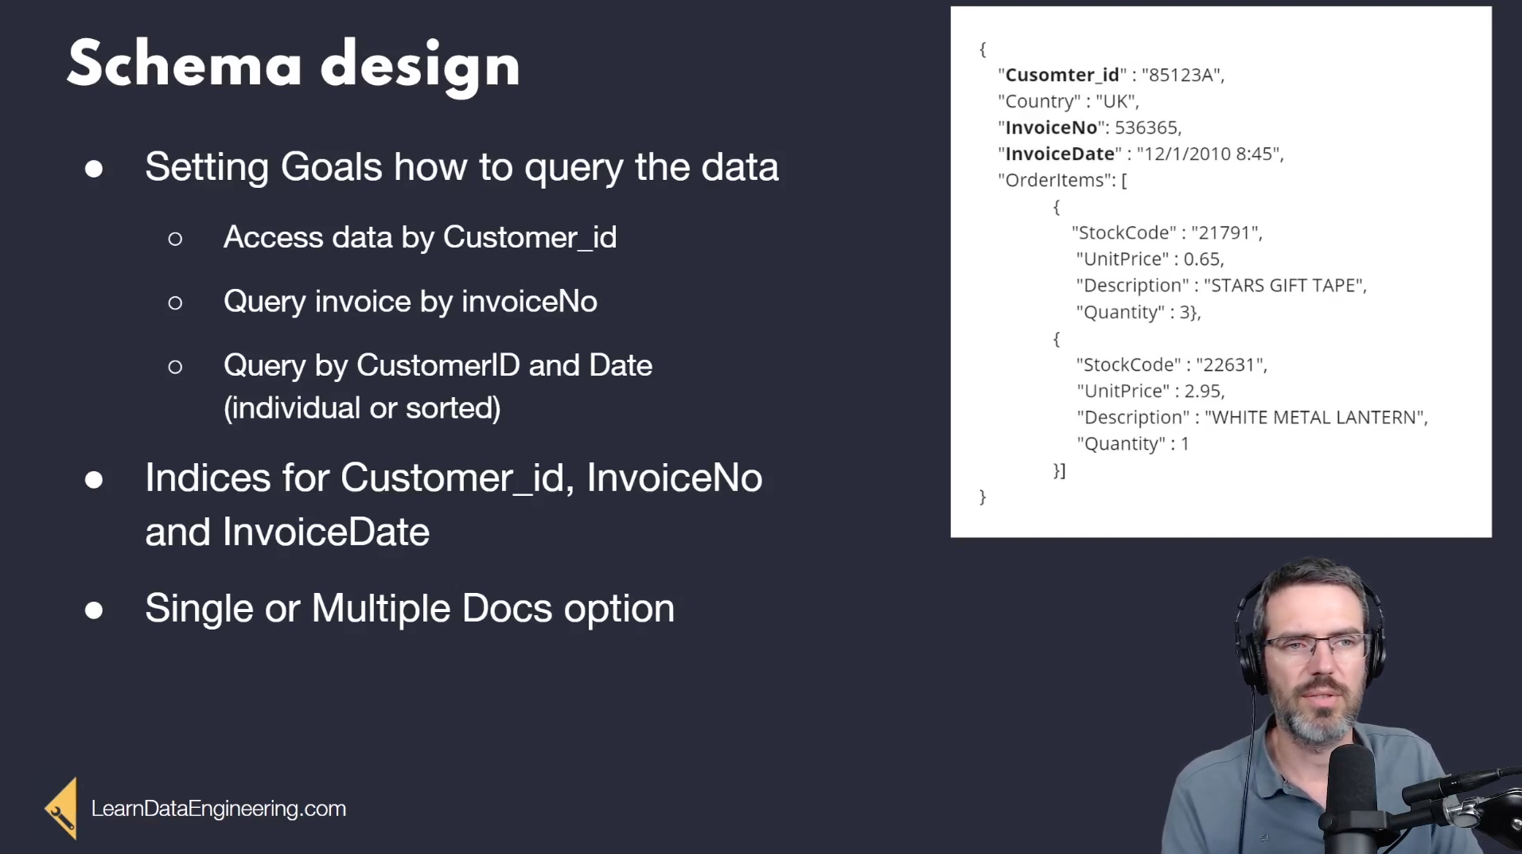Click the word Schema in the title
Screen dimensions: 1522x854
coord(185,64)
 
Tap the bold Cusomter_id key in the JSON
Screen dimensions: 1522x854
coord(1062,75)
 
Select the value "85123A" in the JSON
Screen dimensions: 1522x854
coord(1183,75)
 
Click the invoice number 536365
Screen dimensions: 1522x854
coord(1146,127)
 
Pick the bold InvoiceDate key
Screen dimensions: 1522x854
coord(1060,154)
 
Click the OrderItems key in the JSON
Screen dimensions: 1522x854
coord(1054,180)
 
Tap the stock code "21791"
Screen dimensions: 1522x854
coord(1226,232)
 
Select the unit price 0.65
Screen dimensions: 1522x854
coord(1201,259)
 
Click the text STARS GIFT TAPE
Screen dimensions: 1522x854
coord(1284,285)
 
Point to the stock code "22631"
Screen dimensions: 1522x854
coord(1231,365)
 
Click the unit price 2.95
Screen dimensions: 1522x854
coord(1202,391)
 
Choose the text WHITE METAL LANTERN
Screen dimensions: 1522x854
coord(1315,417)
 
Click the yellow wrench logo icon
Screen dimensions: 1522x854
coord(61,809)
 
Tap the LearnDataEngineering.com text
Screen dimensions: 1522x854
coord(219,809)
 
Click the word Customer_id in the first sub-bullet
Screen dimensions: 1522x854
coord(530,237)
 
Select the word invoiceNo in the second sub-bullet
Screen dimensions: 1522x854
coord(529,301)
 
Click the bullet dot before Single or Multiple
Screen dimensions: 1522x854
coord(94,610)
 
